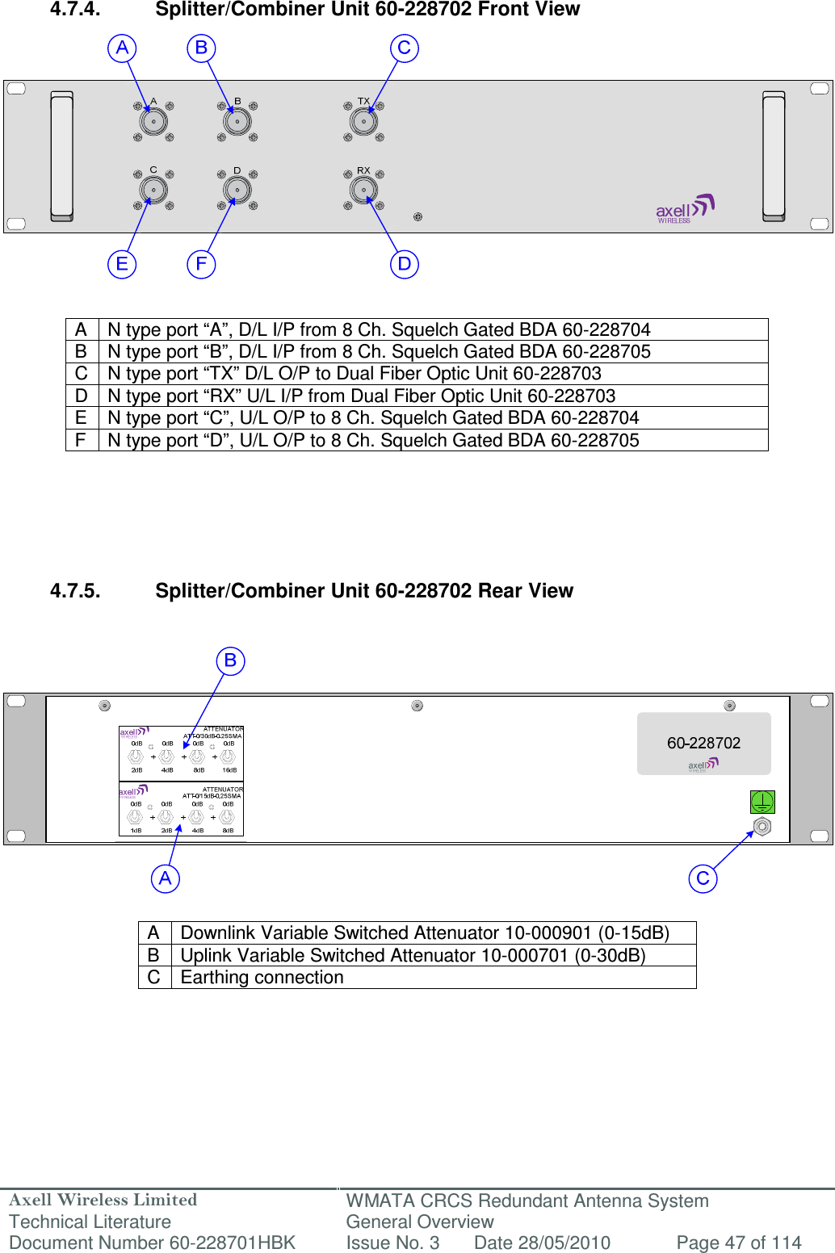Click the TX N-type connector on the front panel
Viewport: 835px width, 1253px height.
pyautogui.click(x=363, y=122)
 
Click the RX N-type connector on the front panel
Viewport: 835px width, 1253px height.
pyautogui.click(x=363, y=191)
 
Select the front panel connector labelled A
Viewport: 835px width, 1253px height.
pyautogui.click(x=153, y=122)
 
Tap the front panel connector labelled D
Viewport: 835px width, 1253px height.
pyautogui.click(x=237, y=191)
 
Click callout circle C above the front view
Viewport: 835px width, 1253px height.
pyautogui.click(x=405, y=48)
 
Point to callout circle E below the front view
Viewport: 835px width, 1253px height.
pyautogui.click(x=122, y=264)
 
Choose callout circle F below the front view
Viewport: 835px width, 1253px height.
pyautogui.click(x=201, y=264)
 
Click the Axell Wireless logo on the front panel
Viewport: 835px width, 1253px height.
pyautogui.click(x=685, y=209)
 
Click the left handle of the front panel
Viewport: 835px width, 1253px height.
pyautogui.click(x=62, y=156)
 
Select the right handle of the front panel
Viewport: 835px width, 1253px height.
pyautogui.click(x=774, y=156)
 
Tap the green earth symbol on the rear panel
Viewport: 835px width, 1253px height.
pyautogui.click(x=762, y=802)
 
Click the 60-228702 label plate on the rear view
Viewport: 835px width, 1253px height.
pyautogui.click(x=703, y=744)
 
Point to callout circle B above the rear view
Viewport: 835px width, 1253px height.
pyautogui.click(x=230, y=660)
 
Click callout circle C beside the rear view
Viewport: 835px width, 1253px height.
pyautogui.click(x=703, y=878)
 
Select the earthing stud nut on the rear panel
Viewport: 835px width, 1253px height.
pyautogui.click(x=762, y=827)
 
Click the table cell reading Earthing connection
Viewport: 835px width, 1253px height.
pyautogui.click(x=262, y=978)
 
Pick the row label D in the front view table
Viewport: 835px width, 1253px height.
pyautogui.click(x=82, y=396)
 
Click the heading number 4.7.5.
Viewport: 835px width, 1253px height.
pyautogui.click(x=75, y=591)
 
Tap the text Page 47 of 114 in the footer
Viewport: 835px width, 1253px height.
pyautogui.click(x=738, y=1243)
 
